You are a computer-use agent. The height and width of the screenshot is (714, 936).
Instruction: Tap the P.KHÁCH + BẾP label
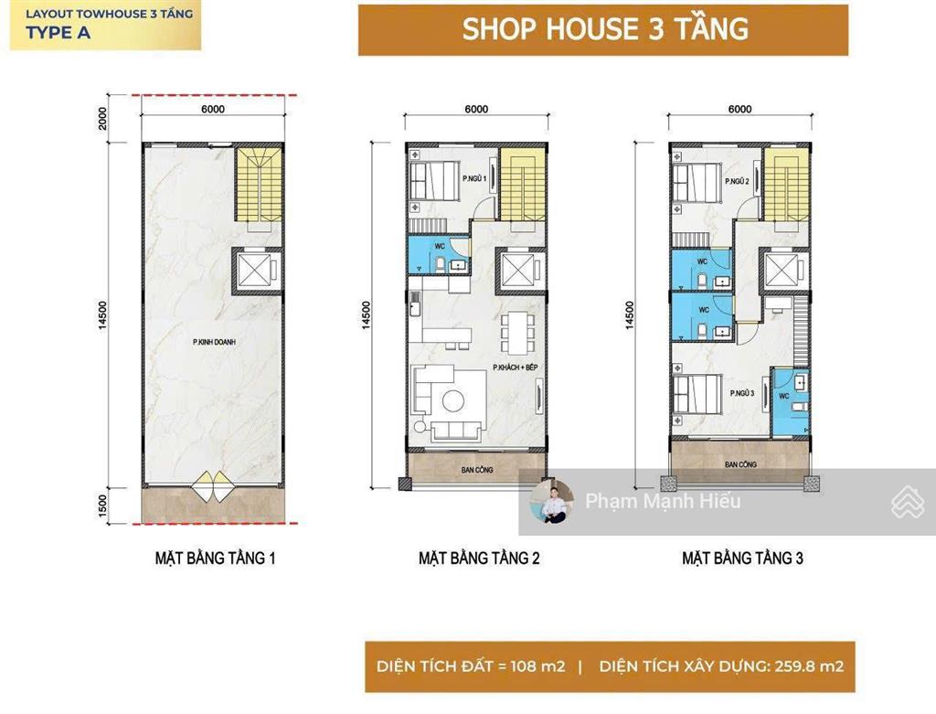pos(513,368)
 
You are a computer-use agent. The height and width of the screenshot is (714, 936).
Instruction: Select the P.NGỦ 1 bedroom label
pos(473,178)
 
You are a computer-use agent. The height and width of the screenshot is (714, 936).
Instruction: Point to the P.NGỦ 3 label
pos(742,393)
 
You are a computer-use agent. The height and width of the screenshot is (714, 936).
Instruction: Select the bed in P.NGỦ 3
pos(695,395)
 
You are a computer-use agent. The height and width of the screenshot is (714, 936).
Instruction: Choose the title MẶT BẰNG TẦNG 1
pos(215,558)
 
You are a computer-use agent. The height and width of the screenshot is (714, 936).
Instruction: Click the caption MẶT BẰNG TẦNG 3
pos(742,558)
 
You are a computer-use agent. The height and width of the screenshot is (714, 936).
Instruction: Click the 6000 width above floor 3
pos(739,110)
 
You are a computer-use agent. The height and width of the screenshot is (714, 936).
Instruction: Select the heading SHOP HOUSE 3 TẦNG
pos(604,29)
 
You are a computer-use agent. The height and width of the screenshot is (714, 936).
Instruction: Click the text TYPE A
pos(58,34)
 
